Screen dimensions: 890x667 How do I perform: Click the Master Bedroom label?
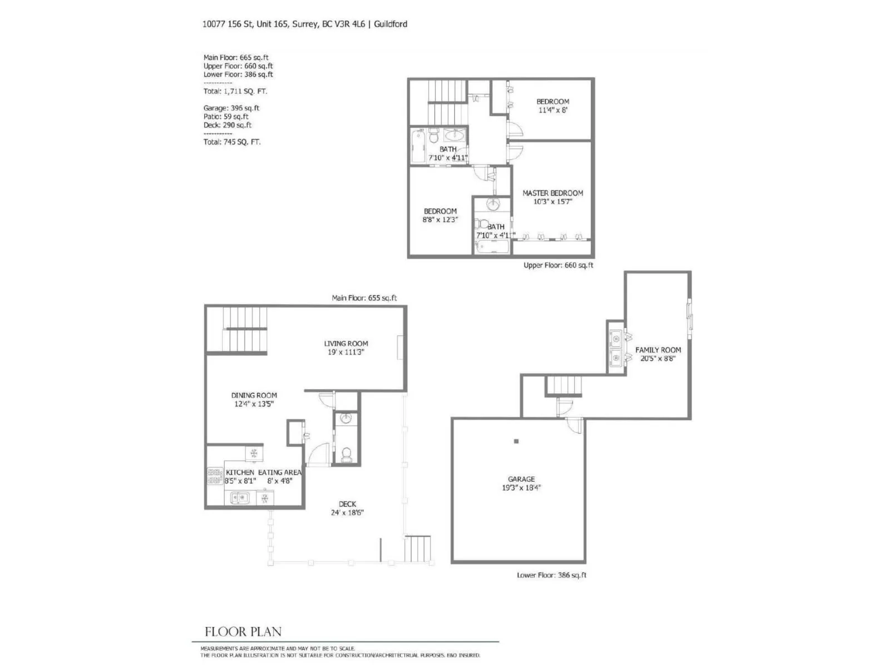click(x=552, y=193)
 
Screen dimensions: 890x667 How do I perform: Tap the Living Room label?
click(x=346, y=344)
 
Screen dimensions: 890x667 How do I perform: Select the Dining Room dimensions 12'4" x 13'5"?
click(x=254, y=404)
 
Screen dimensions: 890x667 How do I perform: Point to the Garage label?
click(x=521, y=479)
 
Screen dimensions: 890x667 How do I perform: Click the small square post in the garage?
click(x=516, y=441)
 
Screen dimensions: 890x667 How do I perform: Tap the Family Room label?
click(x=657, y=350)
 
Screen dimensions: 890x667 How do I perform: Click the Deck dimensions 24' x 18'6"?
click(x=347, y=512)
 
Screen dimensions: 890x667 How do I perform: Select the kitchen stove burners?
click(x=215, y=476)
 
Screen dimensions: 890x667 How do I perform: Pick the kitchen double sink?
click(x=240, y=497)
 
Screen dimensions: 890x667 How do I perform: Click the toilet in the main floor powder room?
click(x=347, y=455)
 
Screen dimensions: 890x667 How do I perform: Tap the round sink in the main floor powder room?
click(x=345, y=419)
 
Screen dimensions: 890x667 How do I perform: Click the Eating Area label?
click(x=280, y=472)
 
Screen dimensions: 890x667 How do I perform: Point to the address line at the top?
click(x=304, y=24)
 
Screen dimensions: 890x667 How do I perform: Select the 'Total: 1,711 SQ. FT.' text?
click(x=235, y=92)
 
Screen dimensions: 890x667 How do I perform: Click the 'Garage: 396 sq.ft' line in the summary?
click(x=231, y=108)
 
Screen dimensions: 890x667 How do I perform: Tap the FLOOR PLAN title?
click(x=243, y=632)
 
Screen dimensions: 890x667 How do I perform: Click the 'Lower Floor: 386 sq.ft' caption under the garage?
click(x=551, y=575)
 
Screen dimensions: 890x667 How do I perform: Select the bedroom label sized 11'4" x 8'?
click(x=552, y=102)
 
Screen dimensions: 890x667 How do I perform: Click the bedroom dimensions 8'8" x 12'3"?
click(x=440, y=220)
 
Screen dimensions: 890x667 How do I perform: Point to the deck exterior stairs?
click(x=418, y=549)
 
